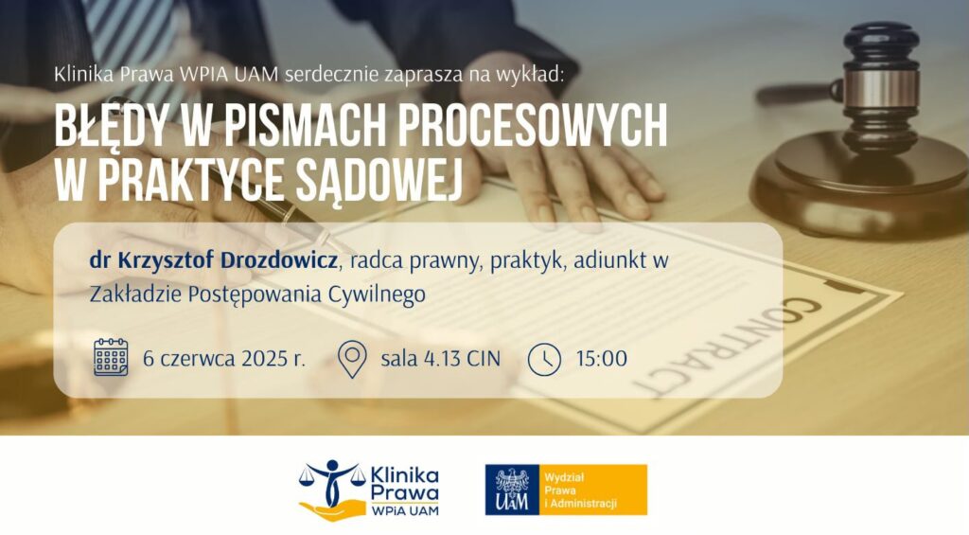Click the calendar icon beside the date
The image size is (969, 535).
(111, 358)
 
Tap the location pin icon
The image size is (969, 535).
(352, 359)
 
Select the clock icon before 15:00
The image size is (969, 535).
(544, 359)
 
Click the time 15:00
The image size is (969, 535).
(601, 359)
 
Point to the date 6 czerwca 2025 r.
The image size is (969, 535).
(224, 359)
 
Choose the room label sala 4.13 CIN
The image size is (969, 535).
(441, 359)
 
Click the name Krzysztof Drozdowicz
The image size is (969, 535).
(227, 260)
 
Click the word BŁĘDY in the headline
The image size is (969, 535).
(112, 125)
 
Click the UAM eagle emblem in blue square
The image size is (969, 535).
(512, 490)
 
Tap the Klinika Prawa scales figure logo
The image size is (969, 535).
(329, 490)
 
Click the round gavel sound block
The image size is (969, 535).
(859, 186)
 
